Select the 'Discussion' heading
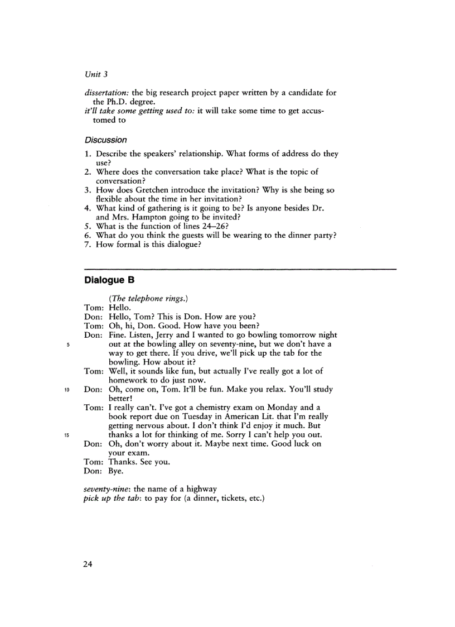[x=105, y=140]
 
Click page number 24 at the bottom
[x=88, y=564]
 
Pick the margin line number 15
[x=66, y=435]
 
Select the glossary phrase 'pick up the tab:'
[x=113, y=498]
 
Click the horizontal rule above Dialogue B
[x=240, y=269]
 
